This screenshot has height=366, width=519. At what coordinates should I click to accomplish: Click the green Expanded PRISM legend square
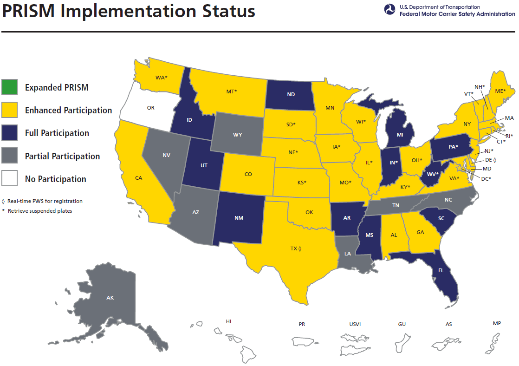(x=10, y=87)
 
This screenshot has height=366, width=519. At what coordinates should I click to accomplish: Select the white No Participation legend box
(x=10, y=178)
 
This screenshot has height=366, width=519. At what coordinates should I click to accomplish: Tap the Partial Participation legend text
(x=62, y=156)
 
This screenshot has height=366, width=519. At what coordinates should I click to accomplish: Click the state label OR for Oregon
(x=150, y=108)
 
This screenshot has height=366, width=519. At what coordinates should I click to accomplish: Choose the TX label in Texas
(x=294, y=249)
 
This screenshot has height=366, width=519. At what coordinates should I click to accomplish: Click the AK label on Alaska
(x=110, y=298)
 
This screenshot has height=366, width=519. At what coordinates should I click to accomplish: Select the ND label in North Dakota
(x=291, y=94)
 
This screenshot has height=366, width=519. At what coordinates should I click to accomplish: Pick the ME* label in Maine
(x=500, y=91)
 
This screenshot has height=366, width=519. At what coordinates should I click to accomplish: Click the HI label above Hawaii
(x=228, y=321)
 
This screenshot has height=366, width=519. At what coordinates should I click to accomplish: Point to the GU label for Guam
(x=402, y=324)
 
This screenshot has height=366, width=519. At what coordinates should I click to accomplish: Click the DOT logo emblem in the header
(x=389, y=10)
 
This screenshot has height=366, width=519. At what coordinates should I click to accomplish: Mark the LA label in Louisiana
(x=348, y=254)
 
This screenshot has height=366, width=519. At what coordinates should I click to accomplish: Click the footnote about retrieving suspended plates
(x=39, y=211)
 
